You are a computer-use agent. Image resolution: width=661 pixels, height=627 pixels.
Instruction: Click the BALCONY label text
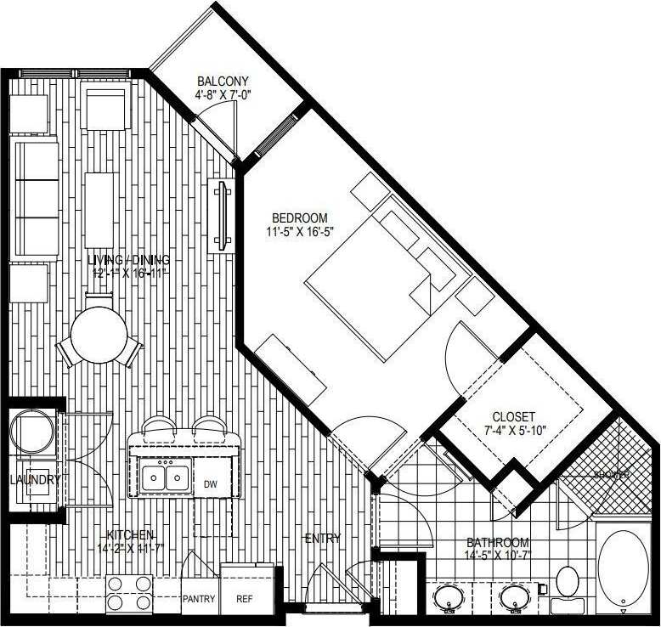coord(223,82)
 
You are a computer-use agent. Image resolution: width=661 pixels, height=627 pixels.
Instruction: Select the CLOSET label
coord(514,416)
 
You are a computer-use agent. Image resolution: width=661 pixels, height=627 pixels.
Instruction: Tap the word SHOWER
coord(612,476)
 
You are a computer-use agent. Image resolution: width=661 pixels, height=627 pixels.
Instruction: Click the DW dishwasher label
coord(211,484)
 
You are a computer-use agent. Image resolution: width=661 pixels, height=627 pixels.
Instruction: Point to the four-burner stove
coord(129,593)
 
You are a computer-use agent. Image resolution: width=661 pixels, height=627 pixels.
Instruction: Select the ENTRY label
coord(322,538)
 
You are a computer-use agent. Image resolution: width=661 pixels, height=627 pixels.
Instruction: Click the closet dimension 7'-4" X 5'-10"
coord(514,430)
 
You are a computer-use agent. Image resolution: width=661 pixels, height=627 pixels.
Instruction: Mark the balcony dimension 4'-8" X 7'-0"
coord(223,95)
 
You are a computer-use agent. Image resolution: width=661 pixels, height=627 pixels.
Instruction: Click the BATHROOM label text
coord(498,543)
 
